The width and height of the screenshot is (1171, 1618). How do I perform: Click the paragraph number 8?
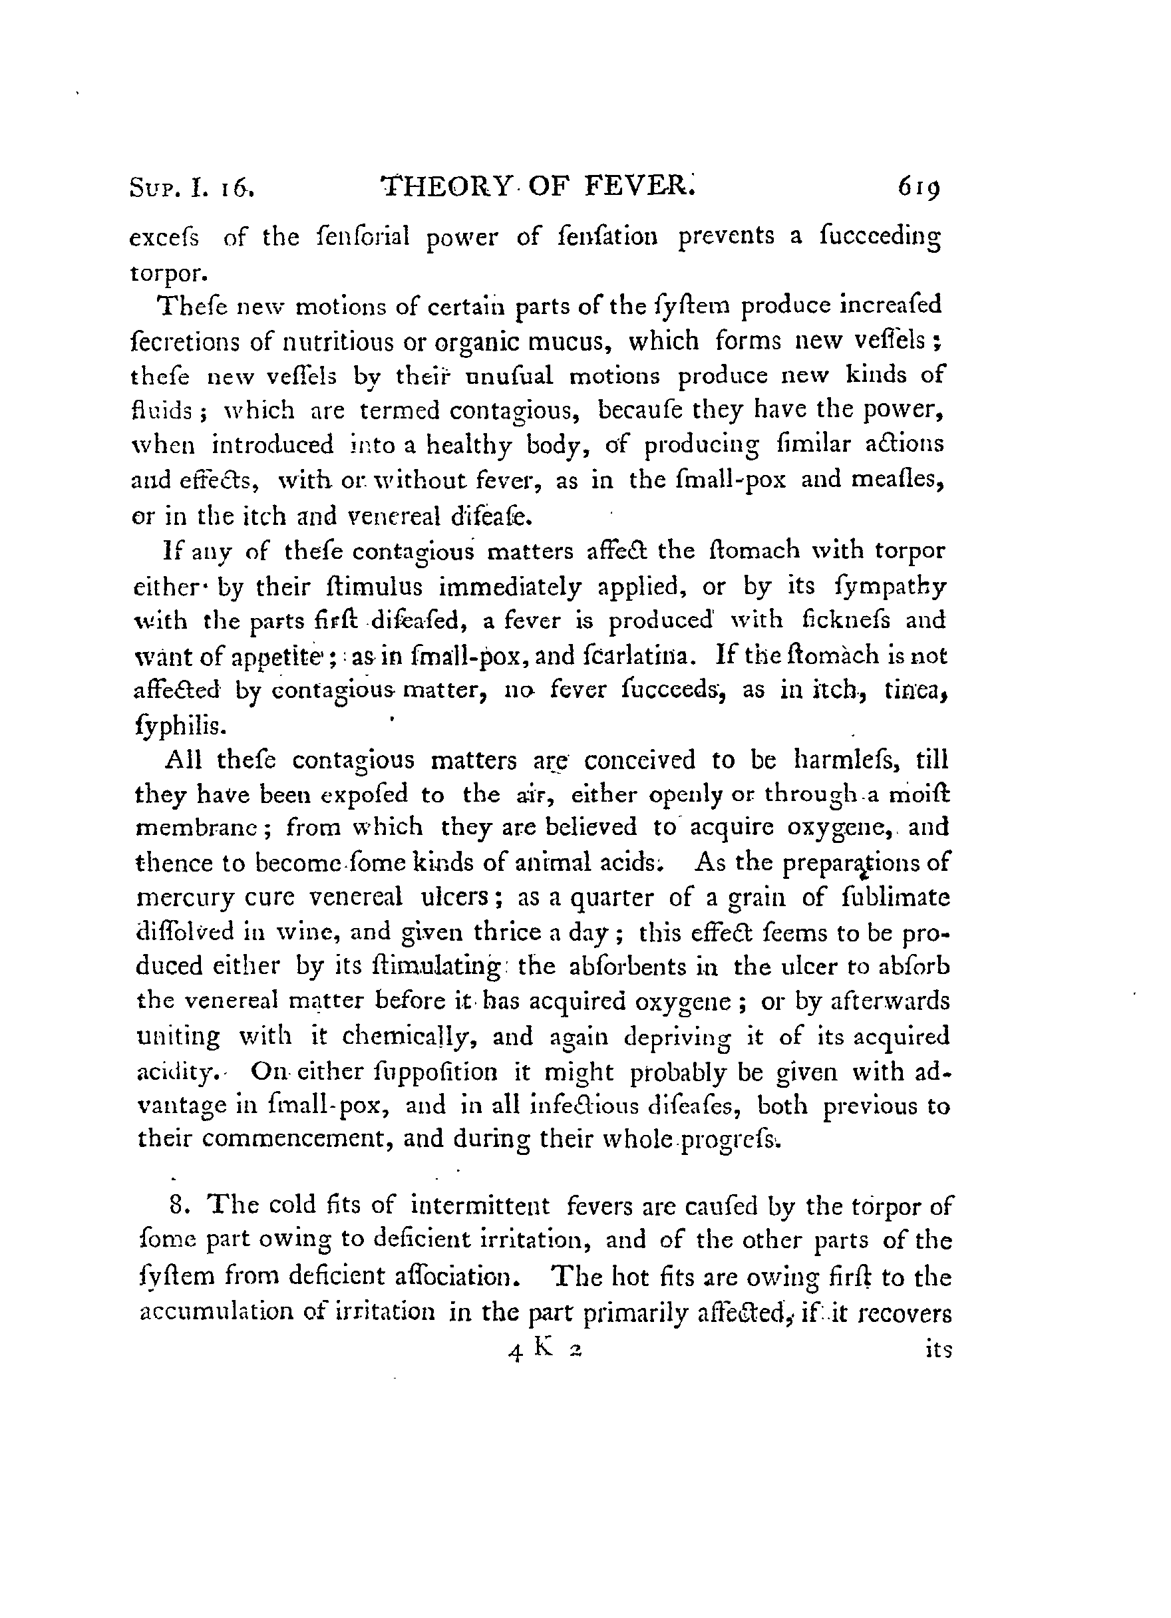click(178, 1206)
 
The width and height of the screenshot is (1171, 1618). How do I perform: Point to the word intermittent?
click(480, 1206)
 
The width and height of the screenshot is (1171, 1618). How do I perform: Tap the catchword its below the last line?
click(937, 1350)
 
